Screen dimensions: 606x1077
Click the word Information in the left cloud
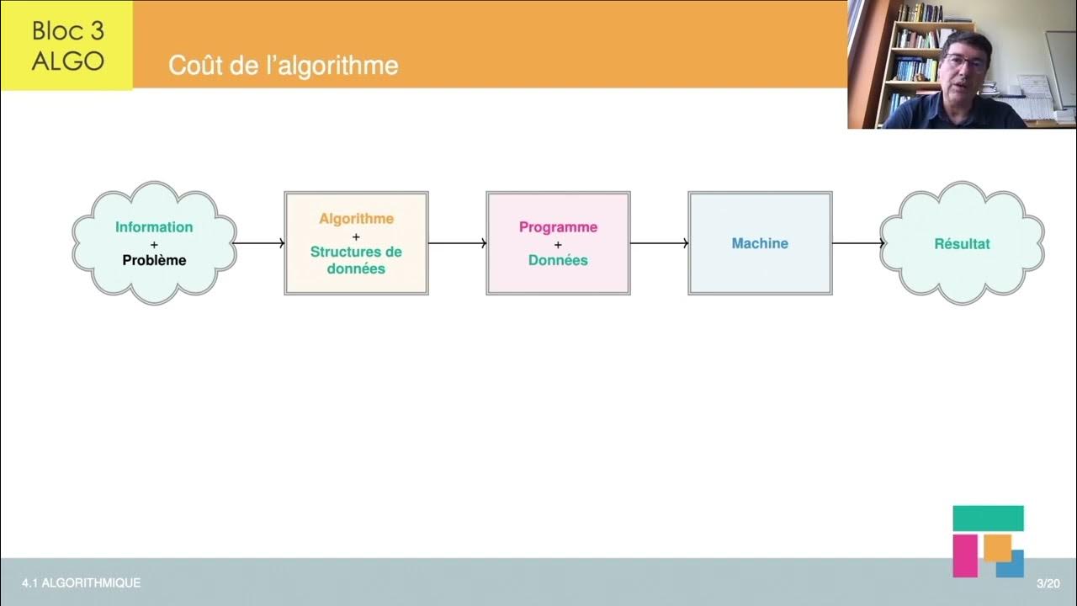pyautogui.click(x=154, y=227)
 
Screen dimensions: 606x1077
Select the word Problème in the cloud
pyautogui.click(x=154, y=260)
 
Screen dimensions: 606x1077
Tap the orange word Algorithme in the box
pyautogui.click(x=356, y=219)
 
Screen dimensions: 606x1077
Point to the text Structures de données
pyautogui.click(x=356, y=260)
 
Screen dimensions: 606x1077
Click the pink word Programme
pyautogui.click(x=558, y=227)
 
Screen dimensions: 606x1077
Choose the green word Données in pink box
pyautogui.click(x=558, y=260)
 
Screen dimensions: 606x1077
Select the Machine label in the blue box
pyautogui.click(x=760, y=243)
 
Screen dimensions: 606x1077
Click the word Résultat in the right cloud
pyautogui.click(x=962, y=244)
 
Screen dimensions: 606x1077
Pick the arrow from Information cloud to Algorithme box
pyautogui.click(x=259, y=243)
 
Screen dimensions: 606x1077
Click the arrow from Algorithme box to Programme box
pyautogui.click(x=457, y=243)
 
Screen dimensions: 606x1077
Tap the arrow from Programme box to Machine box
pyautogui.click(x=659, y=243)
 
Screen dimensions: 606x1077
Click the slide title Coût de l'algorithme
pyautogui.click(x=283, y=66)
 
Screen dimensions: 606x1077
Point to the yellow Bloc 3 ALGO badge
pyautogui.click(x=66, y=45)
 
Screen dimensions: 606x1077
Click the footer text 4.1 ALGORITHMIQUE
pyautogui.click(x=82, y=582)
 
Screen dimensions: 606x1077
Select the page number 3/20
pyautogui.click(x=1048, y=583)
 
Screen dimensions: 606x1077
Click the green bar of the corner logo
pyautogui.click(x=988, y=518)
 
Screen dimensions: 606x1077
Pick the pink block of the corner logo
pyautogui.click(x=965, y=555)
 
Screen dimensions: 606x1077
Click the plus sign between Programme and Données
pyautogui.click(x=558, y=244)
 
